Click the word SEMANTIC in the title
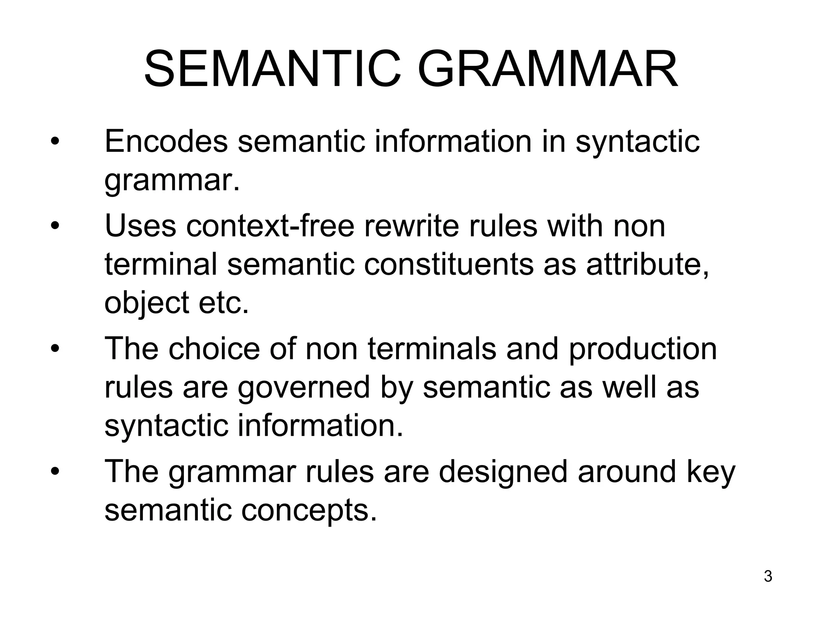click(x=273, y=69)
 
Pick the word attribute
click(x=647, y=265)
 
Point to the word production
click(x=643, y=349)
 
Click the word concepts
click(x=309, y=510)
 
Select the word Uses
click(x=140, y=226)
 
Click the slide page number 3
click(x=768, y=576)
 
